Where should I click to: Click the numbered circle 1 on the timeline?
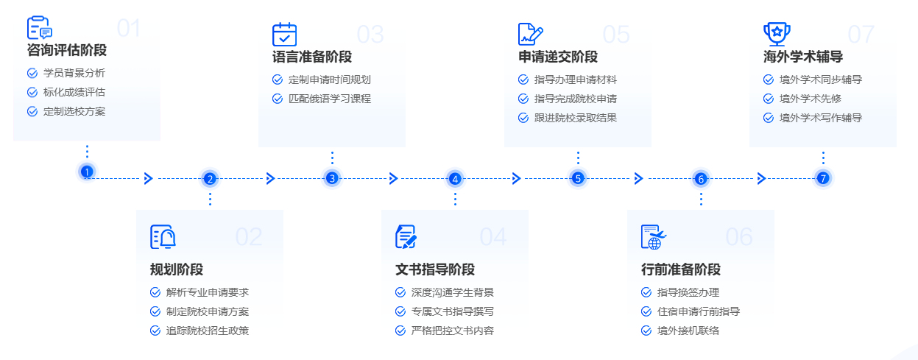tap(87, 172)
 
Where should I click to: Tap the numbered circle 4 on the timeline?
tap(455, 178)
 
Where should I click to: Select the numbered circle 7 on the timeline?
tap(823, 177)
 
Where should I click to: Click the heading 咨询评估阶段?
tap(67, 51)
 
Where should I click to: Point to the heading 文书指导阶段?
tap(435, 269)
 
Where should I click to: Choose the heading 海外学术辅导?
tap(803, 57)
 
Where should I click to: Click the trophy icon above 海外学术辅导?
tap(776, 33)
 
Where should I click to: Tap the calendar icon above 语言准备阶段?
tap(284, 35)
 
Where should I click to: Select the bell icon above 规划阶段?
tap(163, 236)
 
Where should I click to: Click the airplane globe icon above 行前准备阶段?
tap(653, 236)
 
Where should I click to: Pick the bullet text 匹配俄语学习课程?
tap(330, 99)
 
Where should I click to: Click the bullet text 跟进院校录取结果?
tap(576, 118)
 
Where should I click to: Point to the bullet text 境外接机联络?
tap(688, 331)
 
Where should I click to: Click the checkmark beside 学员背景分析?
tap(32, 73)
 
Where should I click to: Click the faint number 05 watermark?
tap(616, 35)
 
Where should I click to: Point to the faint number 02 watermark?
tap(249, 236)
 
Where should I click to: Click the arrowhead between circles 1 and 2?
tap(148, 178)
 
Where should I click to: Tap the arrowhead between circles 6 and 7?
tap(761, 178)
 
